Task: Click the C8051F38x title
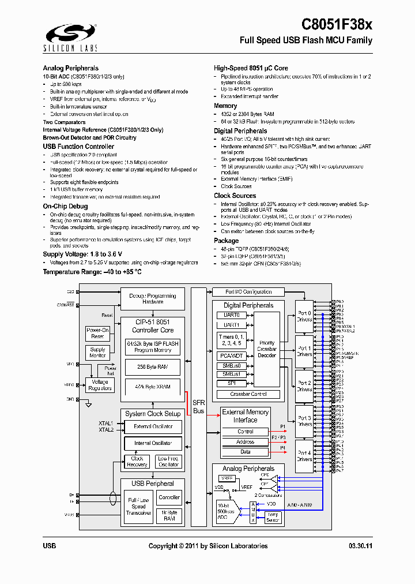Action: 337,24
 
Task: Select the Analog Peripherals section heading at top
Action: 70,68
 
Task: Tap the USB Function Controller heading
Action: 78,147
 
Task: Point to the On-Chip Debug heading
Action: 65,206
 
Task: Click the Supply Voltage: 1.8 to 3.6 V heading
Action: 82,254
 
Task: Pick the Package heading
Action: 226,241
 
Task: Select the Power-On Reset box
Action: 97,333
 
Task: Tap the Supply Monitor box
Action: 98,353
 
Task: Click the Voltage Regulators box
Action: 100,385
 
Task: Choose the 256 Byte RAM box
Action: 153,367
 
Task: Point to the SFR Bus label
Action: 198,407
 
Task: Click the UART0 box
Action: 231,315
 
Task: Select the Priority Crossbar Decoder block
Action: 266,349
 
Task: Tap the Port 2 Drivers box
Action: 304,386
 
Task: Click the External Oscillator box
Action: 153,426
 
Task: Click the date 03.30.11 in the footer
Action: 360,546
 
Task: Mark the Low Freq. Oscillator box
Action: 168,462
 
